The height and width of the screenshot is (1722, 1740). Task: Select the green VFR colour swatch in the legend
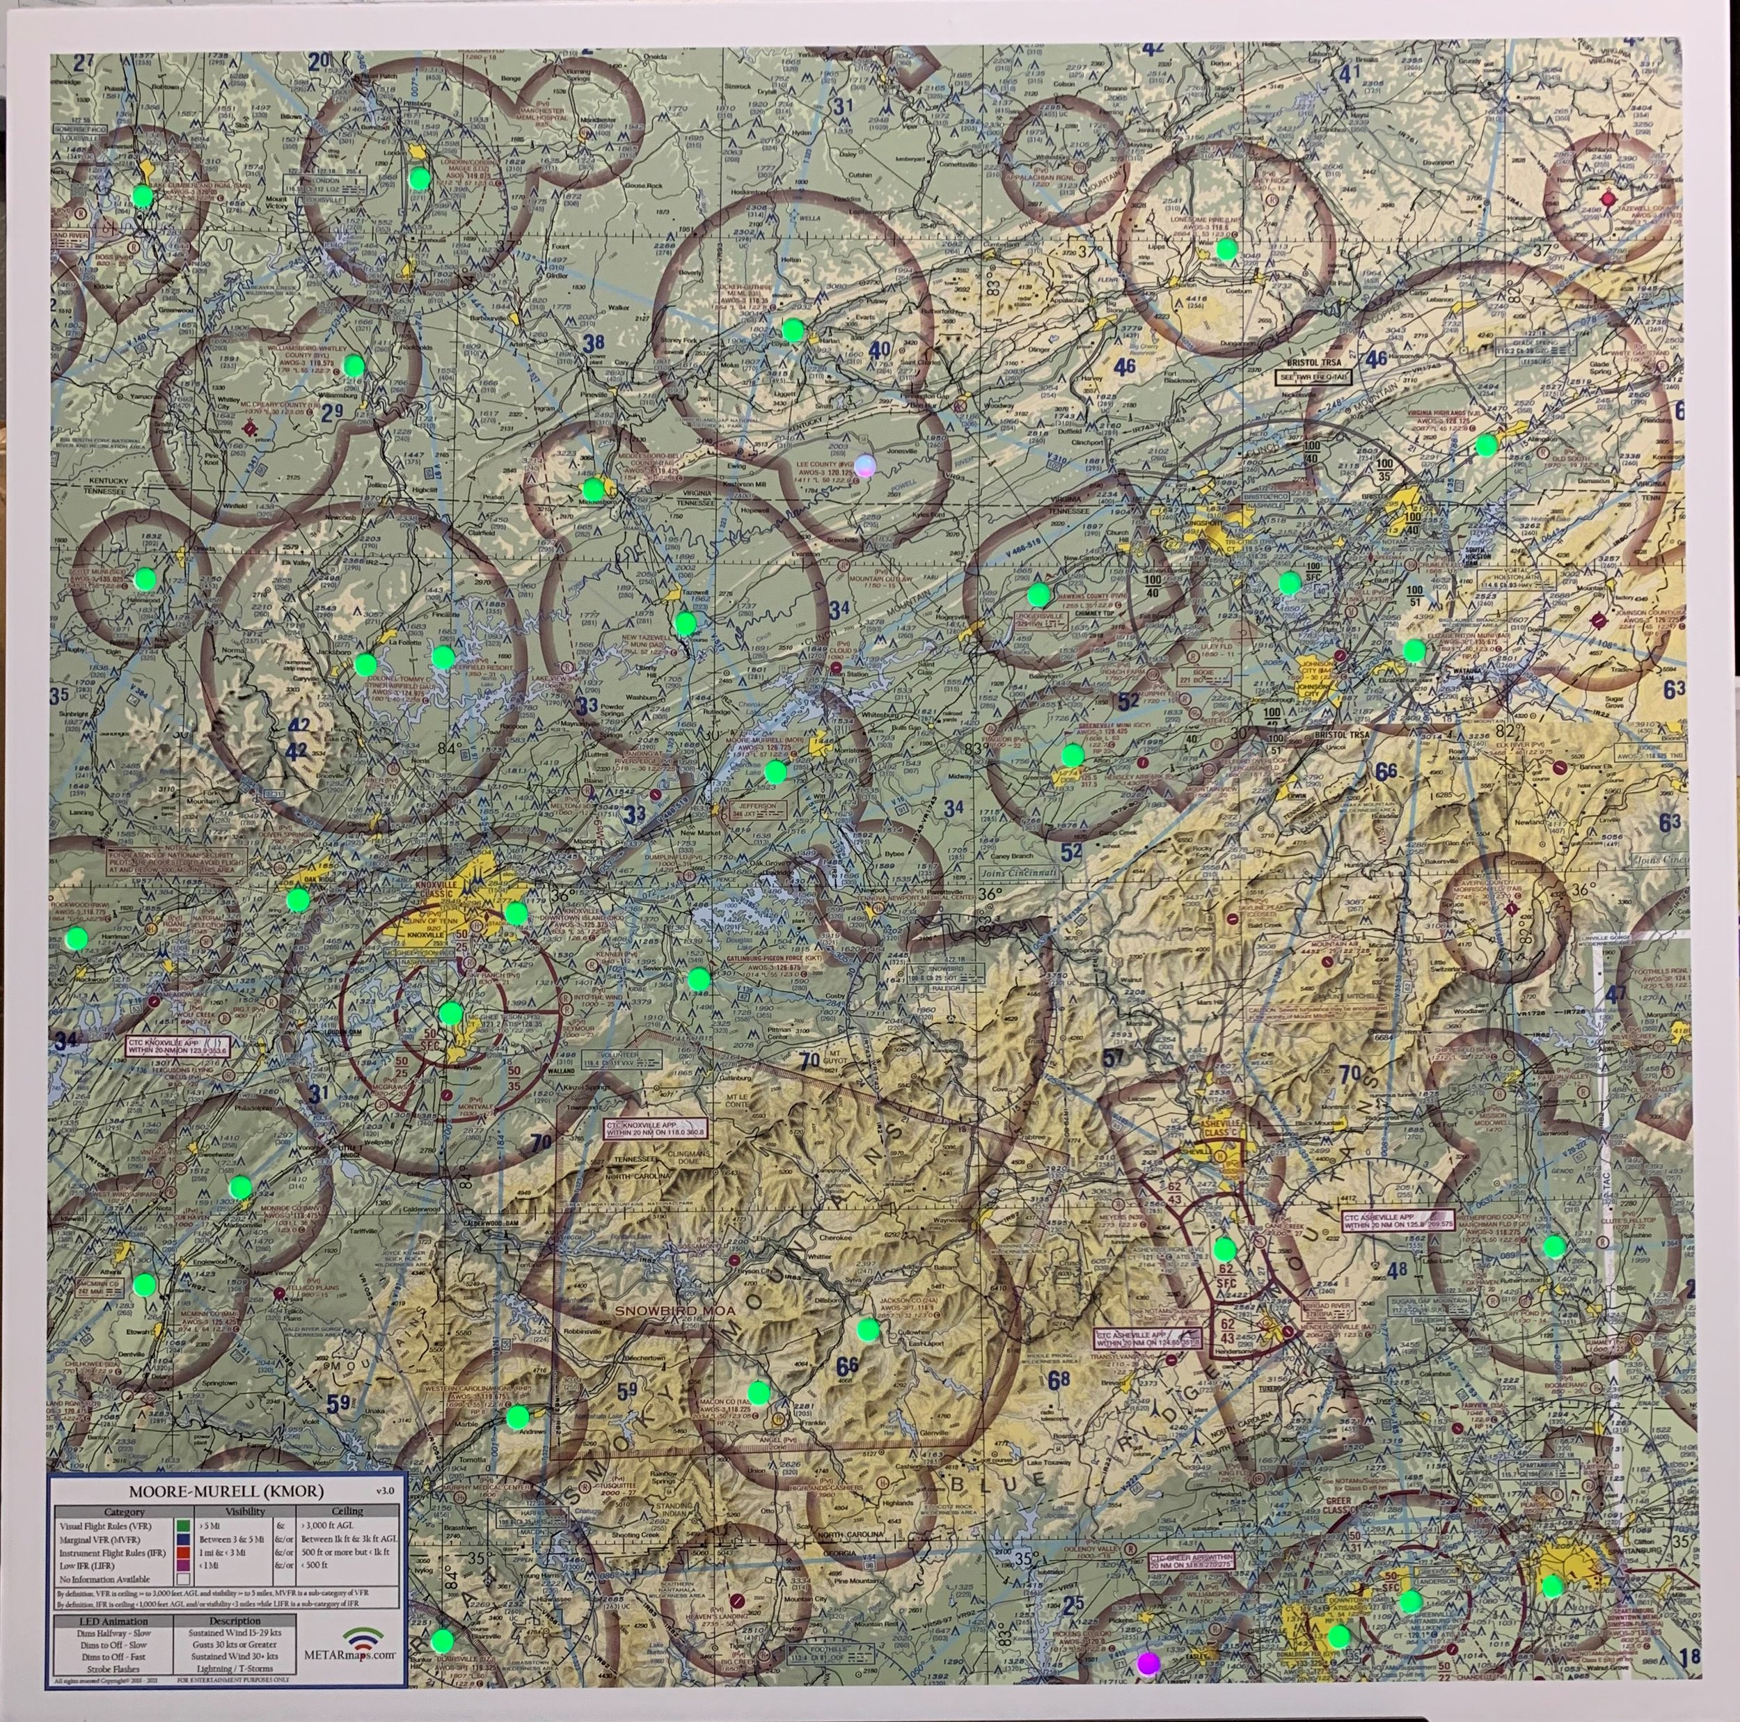pos(183,1526)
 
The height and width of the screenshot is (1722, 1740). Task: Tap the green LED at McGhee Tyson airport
pos(450,1013)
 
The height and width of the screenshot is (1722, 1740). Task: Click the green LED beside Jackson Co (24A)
pos(868,1329)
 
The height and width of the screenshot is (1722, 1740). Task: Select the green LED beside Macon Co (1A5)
pos(759,1391)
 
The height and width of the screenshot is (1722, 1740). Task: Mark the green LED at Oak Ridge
pos(297,898)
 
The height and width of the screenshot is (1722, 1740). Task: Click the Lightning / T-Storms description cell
pos(232,1668)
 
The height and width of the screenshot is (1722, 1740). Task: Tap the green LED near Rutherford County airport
pos(1554,1246)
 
